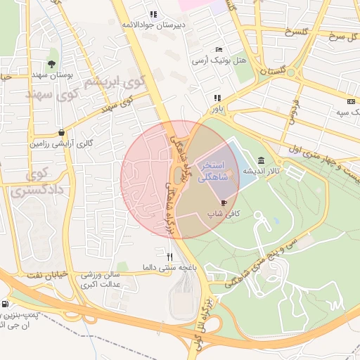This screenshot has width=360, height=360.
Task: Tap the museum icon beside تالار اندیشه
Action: [x=262, y=160]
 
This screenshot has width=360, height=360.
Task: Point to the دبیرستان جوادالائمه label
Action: [x=153, y=25]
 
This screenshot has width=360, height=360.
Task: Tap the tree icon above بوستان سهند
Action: [x=51, y=64]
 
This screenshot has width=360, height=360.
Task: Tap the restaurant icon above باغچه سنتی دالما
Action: [x=169, y=257]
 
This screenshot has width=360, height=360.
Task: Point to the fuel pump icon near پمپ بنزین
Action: [x=6, y=304]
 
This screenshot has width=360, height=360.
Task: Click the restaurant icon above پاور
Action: [x=218, y=98]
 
